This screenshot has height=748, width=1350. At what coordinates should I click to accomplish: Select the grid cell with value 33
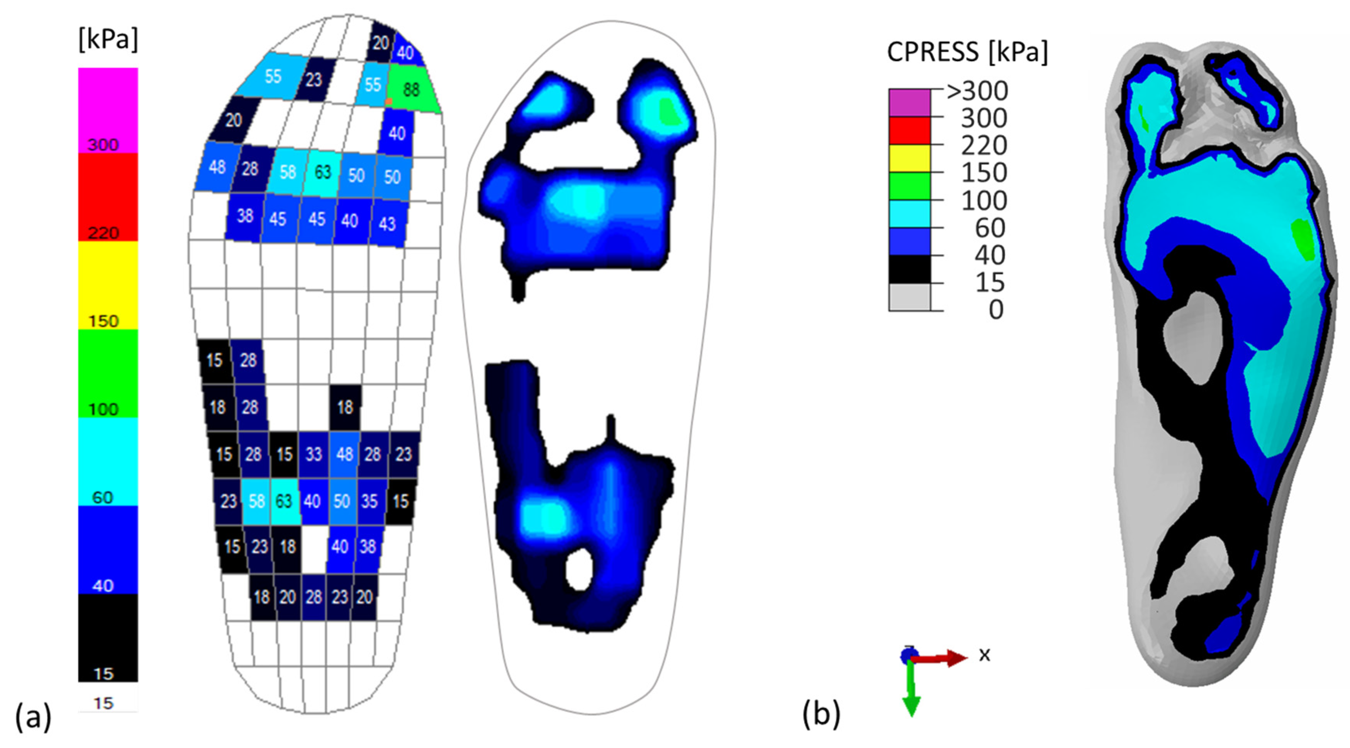pos(314,454)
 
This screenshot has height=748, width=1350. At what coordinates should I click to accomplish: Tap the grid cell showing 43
pos(388,224)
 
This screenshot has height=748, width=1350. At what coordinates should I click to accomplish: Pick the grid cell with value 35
pos(370,501)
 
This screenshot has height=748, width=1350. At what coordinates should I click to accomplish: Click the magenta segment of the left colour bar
pos(108,110)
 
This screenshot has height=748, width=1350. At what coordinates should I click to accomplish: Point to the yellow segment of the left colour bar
pos(108,285)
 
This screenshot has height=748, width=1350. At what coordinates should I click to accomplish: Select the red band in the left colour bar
pos(108,197)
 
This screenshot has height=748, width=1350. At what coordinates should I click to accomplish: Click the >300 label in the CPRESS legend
pos(977,91)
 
